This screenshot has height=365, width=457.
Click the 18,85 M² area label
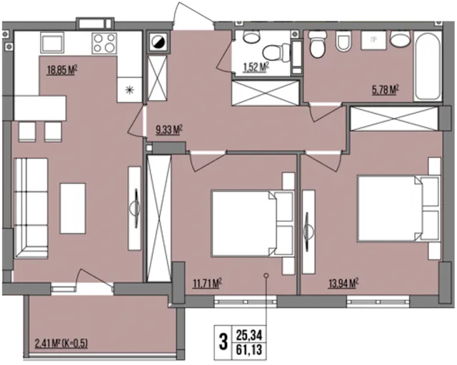point(62,70)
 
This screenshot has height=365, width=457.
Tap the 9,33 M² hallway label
point(169,130)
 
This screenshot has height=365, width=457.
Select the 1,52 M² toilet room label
point(256,67)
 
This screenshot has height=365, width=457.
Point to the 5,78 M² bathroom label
point(386,90)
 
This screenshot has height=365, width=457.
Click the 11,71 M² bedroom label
point(207,283)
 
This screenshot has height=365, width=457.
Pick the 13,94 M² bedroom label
point(343,283)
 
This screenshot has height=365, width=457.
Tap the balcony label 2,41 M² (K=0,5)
point(61,344)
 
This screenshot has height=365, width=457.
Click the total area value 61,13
point(249,349)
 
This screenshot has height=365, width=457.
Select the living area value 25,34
point(249,335)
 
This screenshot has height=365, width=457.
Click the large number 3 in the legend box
point(223,342)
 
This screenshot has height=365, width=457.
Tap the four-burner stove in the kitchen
point(104,43)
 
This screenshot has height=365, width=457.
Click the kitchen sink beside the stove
point(52,43)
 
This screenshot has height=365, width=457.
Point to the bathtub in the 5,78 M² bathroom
point(428,66)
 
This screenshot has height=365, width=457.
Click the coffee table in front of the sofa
point(73,209)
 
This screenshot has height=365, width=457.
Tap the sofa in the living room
point(31,208)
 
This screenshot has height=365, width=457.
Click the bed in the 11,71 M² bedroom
point(252,224)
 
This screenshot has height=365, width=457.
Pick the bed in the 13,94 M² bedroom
point(398,208)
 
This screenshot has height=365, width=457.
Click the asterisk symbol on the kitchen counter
point(129,90)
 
